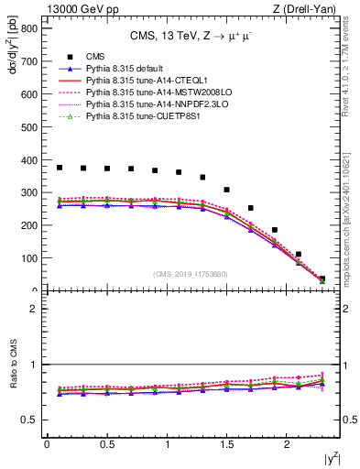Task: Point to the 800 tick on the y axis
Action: point(28,28)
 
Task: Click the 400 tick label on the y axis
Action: point(28,160)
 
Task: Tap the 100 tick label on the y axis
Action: point(28,258)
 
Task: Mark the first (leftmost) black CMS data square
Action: point(60,168)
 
